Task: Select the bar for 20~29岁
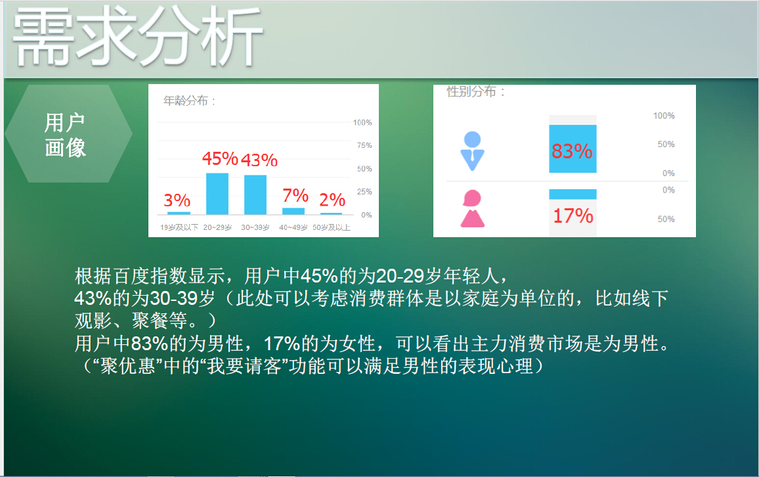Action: [217, 194]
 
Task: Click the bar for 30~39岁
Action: [255, 194]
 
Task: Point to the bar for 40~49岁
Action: [293, 211]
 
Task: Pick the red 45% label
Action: [219, 159]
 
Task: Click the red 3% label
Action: [177, 200]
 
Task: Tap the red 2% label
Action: [332, 200]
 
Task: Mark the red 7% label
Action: [295, 195]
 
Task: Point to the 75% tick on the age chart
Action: [362, 145]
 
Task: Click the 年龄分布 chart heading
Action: [190, 101]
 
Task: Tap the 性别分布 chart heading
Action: [476, 92]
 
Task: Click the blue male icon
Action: [472, 150]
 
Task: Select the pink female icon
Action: [472, 208]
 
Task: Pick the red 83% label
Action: [572, 152]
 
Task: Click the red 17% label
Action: [573, 216]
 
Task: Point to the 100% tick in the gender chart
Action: [664, 116]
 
